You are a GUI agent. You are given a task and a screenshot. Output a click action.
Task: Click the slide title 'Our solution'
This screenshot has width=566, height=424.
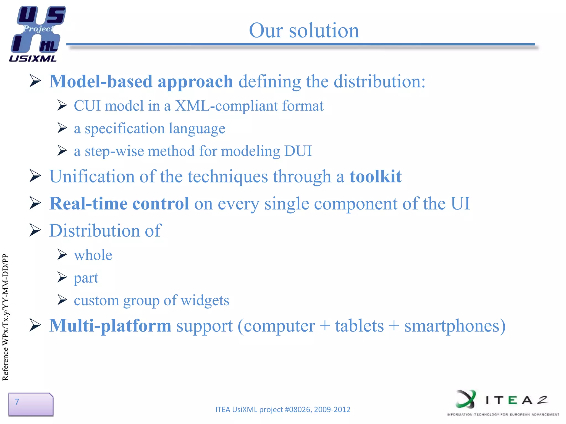(304, 30)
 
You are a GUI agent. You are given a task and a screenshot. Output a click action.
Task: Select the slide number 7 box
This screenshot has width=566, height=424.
(31, 404)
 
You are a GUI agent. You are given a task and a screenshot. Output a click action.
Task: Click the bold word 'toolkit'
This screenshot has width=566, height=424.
(375, 176)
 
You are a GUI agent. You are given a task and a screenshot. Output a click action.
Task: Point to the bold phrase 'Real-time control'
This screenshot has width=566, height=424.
(119, 204)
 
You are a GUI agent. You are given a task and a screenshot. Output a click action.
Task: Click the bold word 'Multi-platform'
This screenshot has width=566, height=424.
(110, 326)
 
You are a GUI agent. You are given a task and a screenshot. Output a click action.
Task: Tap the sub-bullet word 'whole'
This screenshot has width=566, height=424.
(93, 255)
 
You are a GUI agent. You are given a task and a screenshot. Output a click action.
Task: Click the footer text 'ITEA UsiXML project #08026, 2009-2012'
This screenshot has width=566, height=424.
(282, 409)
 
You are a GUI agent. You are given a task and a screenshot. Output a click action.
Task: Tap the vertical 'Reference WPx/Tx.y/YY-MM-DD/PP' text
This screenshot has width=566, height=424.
(6, 317)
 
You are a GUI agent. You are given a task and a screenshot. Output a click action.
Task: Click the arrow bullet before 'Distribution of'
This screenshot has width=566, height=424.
(35, 230)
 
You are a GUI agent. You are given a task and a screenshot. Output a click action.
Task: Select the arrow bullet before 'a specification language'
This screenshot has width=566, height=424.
(62, 128)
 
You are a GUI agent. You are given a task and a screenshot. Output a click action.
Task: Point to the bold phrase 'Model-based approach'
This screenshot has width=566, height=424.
(141, 82)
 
